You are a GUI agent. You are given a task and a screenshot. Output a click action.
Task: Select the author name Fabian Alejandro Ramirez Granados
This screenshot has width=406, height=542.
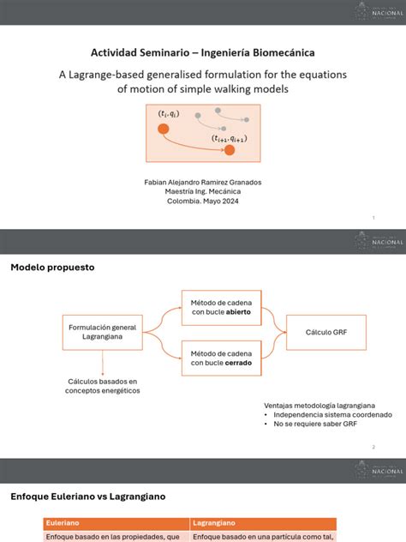(202, 183)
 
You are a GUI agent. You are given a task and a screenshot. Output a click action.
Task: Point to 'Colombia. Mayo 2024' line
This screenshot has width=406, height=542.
(202, 202)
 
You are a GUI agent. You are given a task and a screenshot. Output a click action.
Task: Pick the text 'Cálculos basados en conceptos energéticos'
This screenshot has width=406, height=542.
(101, 386)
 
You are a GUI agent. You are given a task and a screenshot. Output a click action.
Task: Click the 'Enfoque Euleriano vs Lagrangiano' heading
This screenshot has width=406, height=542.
(88, 497)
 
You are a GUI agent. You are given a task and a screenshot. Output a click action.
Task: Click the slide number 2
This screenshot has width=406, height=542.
(373, 447)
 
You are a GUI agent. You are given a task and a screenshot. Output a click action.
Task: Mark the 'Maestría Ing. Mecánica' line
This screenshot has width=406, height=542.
(202, 192)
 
